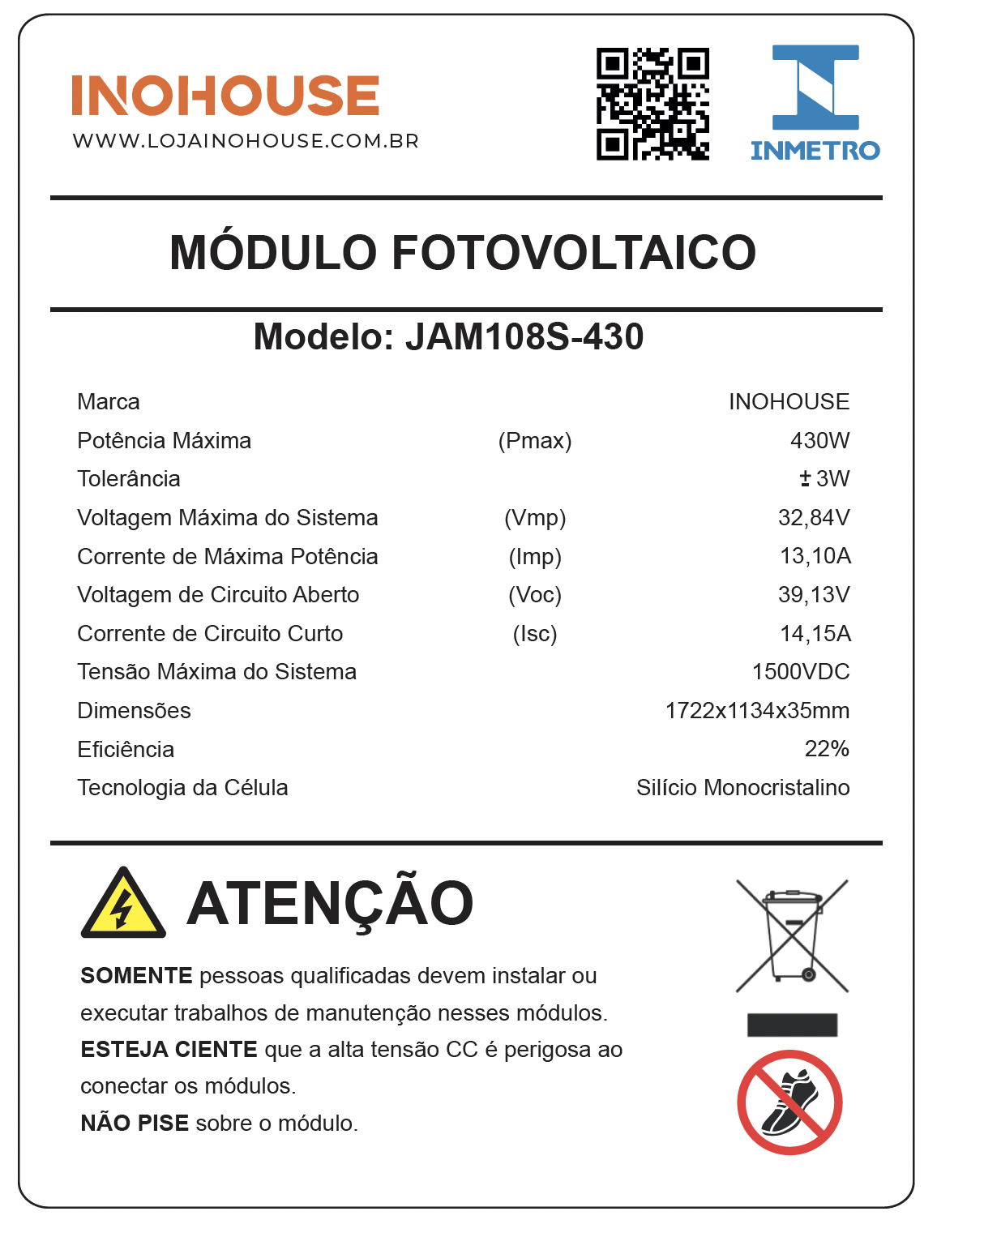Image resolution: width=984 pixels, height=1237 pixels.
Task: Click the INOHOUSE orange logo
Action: click(x=225, y=95)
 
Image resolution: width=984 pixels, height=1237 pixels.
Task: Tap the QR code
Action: click(x=652, y=104)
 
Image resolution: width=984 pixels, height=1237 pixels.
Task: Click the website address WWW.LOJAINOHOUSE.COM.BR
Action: click(x=246, y=141)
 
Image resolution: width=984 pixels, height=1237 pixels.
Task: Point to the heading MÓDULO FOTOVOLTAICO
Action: click(x=463, y=252)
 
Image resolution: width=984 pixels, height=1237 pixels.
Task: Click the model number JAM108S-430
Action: click(x=524, y=336)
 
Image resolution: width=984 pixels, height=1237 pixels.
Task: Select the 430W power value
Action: click(x=819, y=440)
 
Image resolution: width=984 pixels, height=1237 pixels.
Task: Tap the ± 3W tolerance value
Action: click(x=824, y=478)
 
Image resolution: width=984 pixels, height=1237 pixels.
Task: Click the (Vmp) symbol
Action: click(x=535, y=517)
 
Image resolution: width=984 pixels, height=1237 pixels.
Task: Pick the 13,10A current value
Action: click(x=815, y=556)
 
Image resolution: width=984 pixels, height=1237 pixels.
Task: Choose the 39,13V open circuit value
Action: click(x=814, y=594)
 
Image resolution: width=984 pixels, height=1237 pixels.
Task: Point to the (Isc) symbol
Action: click(x=535, y=633)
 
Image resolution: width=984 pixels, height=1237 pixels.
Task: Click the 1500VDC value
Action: click(x=801, y=671)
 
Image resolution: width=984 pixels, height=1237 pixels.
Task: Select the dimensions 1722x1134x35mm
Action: click(x=757, y=710)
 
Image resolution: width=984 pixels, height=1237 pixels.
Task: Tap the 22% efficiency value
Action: click(x=827, y=748)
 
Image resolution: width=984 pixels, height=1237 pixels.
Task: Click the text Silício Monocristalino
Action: click(x=742, y=787)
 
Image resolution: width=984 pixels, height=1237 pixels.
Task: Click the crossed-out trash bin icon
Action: click(x=792, y=936)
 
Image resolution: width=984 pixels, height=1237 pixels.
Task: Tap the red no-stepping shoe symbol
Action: click(x=789, y=1102)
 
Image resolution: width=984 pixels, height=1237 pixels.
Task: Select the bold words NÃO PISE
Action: click(x=135, y=1123)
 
